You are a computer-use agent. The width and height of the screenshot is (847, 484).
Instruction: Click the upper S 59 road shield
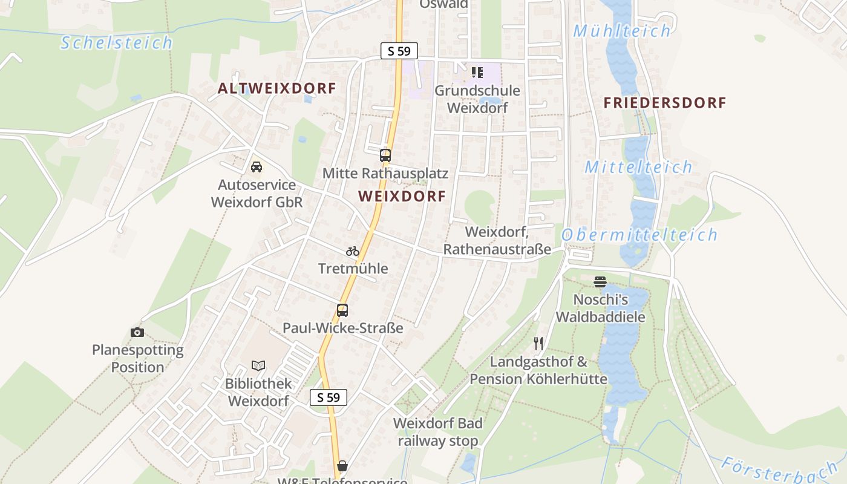point(399,51)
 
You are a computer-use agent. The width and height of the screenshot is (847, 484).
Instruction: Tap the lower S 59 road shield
point(329,397)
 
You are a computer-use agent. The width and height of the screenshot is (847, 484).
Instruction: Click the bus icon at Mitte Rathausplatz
point(385,155)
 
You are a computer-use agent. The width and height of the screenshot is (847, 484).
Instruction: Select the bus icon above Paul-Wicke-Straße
point(342,310)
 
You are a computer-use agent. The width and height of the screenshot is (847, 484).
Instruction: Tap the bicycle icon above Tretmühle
point(353,250)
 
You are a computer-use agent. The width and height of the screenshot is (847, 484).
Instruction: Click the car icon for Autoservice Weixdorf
point(257,166)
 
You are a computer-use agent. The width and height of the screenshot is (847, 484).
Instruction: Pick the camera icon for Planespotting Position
point(137,332)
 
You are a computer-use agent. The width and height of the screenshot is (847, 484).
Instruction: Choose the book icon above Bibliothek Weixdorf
point(258,365)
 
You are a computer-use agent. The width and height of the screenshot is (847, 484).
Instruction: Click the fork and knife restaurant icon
point(538,344)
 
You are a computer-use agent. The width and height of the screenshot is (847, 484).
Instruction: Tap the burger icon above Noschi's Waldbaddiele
point(600,281)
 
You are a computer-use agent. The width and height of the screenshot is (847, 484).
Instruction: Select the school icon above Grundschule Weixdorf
point(477,73)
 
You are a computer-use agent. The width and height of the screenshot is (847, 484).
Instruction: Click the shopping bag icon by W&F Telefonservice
point(342,465)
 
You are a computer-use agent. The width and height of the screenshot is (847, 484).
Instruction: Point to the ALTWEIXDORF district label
point(276,88)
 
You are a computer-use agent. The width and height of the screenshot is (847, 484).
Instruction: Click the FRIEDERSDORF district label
point(665,103)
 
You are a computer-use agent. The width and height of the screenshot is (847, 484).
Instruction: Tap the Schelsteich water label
point(117,43)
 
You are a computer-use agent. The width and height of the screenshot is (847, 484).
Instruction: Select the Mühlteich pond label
point(622,31)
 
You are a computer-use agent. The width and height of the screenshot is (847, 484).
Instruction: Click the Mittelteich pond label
point(638,167)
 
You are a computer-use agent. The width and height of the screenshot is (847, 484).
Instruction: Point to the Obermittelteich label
point(639,235)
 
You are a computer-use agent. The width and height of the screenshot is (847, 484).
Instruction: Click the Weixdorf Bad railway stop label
point(437,432)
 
